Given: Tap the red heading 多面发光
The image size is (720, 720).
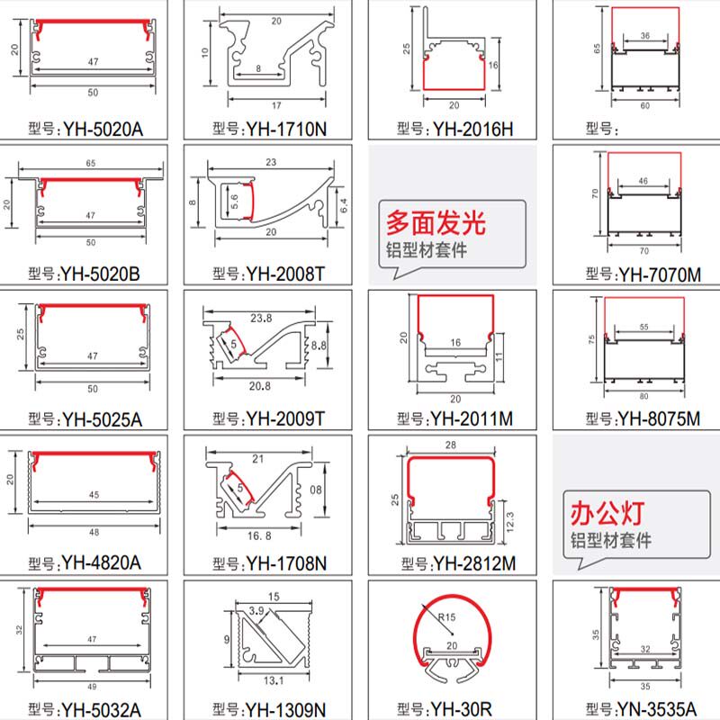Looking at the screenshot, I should [x=435, y=221].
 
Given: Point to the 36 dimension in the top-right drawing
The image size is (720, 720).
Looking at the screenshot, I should [x=645, y=36].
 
